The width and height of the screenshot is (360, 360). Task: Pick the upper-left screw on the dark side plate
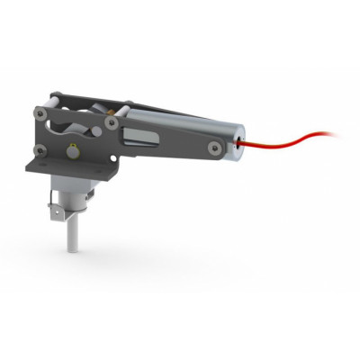coord(40,113)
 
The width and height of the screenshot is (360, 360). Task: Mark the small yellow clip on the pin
coord(71,139)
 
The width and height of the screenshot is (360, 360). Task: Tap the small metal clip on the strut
coord(58,212)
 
